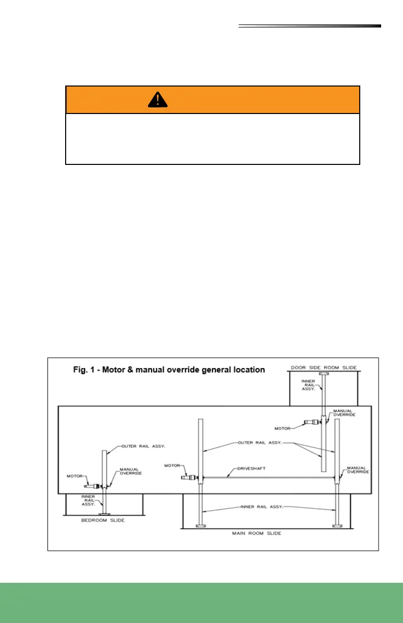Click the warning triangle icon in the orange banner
pos(158,101)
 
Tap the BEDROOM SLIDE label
pos(103,521)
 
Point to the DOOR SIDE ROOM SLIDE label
pos(323,367)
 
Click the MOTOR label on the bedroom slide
pos(75,476)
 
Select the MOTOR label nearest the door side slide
pos(283,428)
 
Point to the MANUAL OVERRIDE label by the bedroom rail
pos(130,471)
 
